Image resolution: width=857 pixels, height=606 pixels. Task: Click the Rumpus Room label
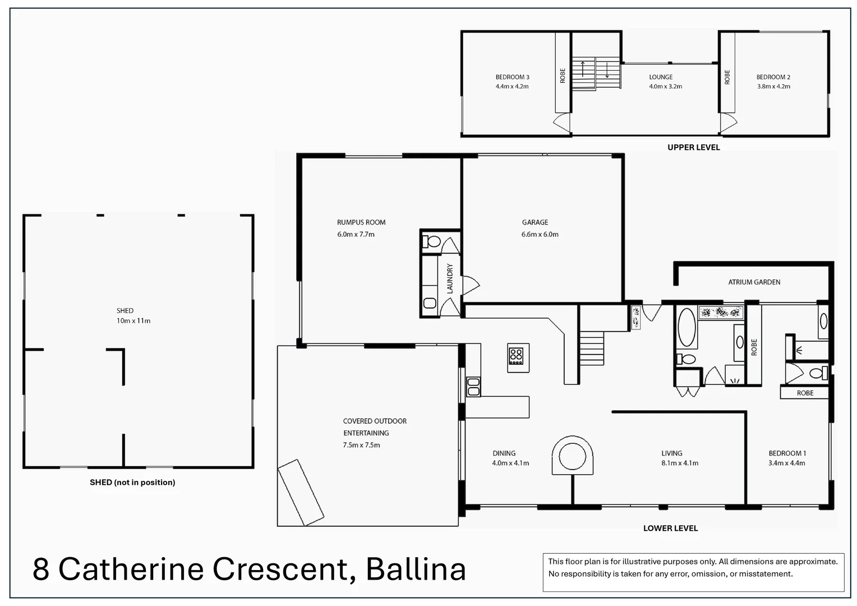[361, 222]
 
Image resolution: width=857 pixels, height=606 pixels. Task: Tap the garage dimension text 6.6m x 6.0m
[540, 235]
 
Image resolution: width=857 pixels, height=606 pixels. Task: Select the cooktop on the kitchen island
[516, 357]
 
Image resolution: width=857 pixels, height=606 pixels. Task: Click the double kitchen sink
[473, 387]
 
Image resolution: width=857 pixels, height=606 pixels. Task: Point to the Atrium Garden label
[754, 282]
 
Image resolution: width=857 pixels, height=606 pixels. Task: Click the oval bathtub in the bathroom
[686, 327]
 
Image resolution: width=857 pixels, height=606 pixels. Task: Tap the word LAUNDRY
[449, 278]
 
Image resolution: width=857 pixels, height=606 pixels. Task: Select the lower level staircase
[591, 348]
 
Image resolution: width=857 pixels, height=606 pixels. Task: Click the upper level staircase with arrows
[596, 73]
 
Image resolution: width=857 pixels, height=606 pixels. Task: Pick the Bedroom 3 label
[512, 77]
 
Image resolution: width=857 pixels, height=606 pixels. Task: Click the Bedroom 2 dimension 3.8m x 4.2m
[773, 86]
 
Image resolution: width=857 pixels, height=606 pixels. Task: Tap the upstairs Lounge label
[661, 77]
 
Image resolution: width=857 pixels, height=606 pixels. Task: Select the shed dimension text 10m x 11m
[133, 321]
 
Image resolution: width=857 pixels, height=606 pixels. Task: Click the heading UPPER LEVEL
[693, 147]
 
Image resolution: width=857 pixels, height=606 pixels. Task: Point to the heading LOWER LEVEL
[670, 528]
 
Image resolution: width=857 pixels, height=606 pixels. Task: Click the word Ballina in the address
[416, 569]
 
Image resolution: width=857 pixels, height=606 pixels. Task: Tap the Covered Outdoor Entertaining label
[375, 426]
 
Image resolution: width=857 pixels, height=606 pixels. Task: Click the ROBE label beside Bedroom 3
[563, 76]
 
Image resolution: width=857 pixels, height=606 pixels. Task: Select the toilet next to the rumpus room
[433, 242]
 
